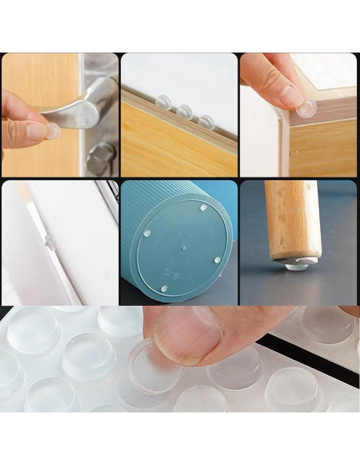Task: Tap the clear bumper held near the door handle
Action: coord(53,131)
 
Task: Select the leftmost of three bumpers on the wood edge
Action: coord(164,103)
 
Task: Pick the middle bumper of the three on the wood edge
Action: coord(184,111)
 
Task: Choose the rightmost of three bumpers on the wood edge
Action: coord(205,121)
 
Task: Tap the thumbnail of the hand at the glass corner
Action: coord(291,95)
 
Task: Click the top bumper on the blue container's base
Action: coord(203,208)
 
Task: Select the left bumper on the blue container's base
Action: coord(147,234)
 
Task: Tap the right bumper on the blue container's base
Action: coord(217,260)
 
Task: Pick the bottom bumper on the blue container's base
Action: coord(163,287)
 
